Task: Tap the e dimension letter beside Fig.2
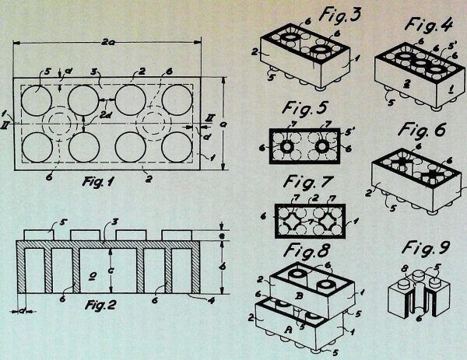(x=223, y=235)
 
